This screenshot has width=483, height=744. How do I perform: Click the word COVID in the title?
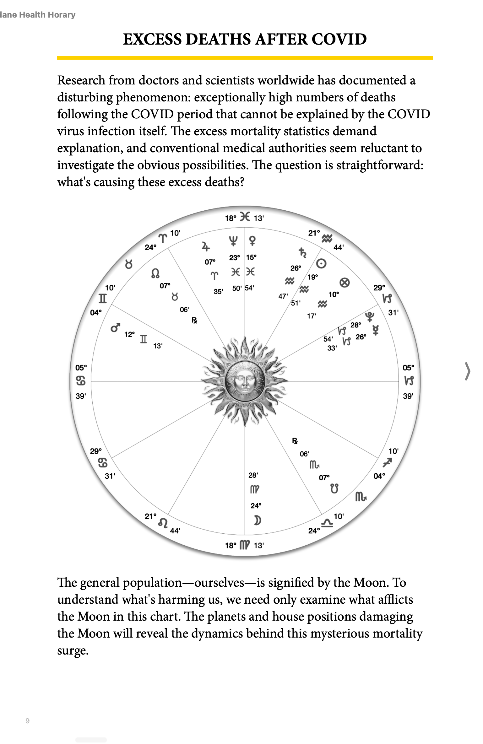339,39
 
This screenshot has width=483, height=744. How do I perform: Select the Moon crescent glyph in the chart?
257,521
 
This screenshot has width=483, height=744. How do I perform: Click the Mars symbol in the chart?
115,328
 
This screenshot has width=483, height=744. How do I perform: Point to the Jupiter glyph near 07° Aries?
205,247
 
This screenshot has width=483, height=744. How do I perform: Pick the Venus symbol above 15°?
252,241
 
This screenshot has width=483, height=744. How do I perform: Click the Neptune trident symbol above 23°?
233,241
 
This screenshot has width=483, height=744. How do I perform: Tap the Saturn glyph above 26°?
302,252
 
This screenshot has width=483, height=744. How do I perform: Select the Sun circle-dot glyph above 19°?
321,263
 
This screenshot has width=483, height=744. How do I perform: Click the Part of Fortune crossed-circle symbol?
345,283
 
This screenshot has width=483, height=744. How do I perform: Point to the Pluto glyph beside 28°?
370,316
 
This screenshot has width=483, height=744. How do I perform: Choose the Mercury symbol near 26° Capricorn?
376,330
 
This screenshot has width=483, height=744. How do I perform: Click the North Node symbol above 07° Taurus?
155,273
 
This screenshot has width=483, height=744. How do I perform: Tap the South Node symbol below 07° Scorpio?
334,489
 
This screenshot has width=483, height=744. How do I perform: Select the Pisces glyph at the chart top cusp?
245,217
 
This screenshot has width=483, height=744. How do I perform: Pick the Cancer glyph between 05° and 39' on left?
81,381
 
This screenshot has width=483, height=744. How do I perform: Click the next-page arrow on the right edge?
468,371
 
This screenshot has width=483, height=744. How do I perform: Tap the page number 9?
28,721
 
